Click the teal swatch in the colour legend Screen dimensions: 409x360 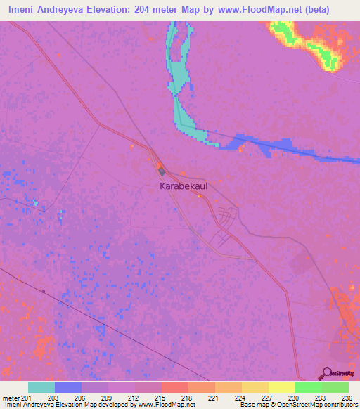[41, 387]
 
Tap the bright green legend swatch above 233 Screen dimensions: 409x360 [309, 387]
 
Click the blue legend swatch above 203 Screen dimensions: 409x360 [68, 387]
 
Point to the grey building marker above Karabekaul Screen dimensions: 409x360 [161, 171]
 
